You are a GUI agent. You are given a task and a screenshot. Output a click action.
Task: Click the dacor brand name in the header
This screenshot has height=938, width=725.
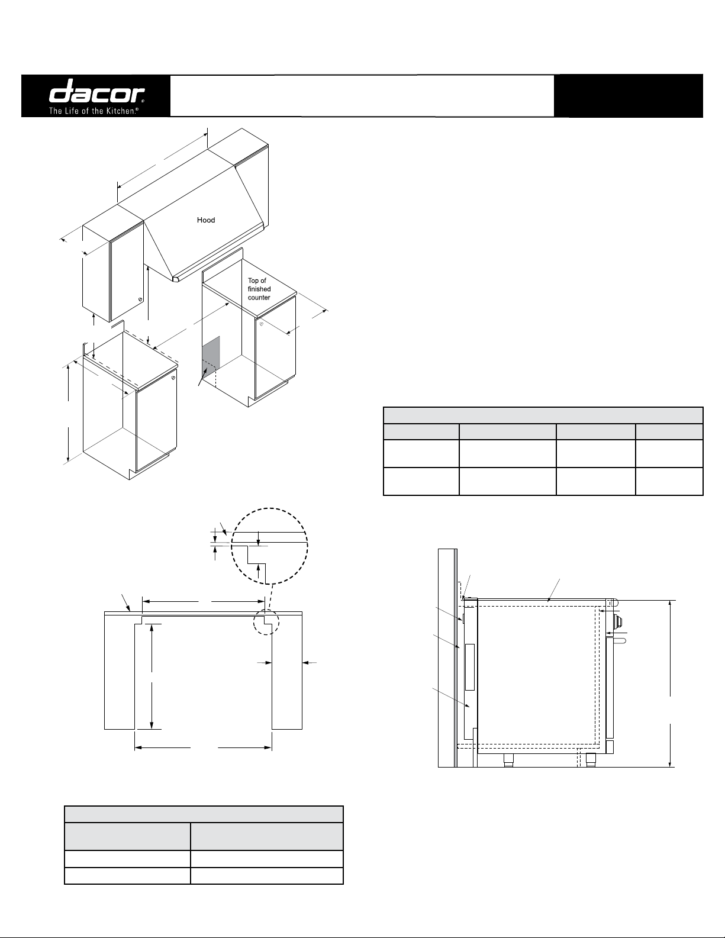pyautogui.click(x=96, y=91)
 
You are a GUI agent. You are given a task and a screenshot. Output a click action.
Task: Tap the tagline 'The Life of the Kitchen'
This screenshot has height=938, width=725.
pyautogui.click(x=94, y=111)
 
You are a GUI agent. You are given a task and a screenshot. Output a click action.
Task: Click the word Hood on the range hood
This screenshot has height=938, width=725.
pyautogui.click(x=206, y=220)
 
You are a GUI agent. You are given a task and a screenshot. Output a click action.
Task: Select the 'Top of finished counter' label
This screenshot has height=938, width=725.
pyautogui.click(x=259, y=289)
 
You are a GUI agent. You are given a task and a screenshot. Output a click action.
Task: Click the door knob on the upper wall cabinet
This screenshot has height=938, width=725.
pyautogui.click(x=140, y=299)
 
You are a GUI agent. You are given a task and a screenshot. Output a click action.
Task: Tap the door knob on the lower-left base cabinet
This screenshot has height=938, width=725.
pyautogui.click(x=173, y=379)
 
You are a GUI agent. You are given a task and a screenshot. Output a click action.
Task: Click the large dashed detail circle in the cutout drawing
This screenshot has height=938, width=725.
pyautogui.click(x=270, y=546)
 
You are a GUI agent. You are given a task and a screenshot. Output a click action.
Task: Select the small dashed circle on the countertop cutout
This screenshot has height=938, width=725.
pyautogui.click(x=266, y=621)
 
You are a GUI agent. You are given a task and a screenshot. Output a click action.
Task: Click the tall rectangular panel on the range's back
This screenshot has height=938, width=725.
pyautogui.click(x=469, y=668)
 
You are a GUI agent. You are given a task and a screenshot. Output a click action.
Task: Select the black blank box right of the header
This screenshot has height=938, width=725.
pyautogui.click(x=629, y=96)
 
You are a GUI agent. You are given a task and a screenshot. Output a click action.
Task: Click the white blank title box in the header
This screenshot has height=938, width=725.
pyautogui.click(x=362, y=96)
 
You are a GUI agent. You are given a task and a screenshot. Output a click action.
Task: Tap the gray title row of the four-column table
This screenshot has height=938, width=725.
pyautogui.click(x=543, y=415)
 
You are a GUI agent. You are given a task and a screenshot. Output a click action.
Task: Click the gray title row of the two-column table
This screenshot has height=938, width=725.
pyautogui.click(x=204, y=814)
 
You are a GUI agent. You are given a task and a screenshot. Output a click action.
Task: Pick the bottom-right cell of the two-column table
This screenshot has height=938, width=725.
pyautogui.click(x=267, y=876)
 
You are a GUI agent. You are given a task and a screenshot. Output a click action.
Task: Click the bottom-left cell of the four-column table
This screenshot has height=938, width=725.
pyautogui.click(x=421, y=481)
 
